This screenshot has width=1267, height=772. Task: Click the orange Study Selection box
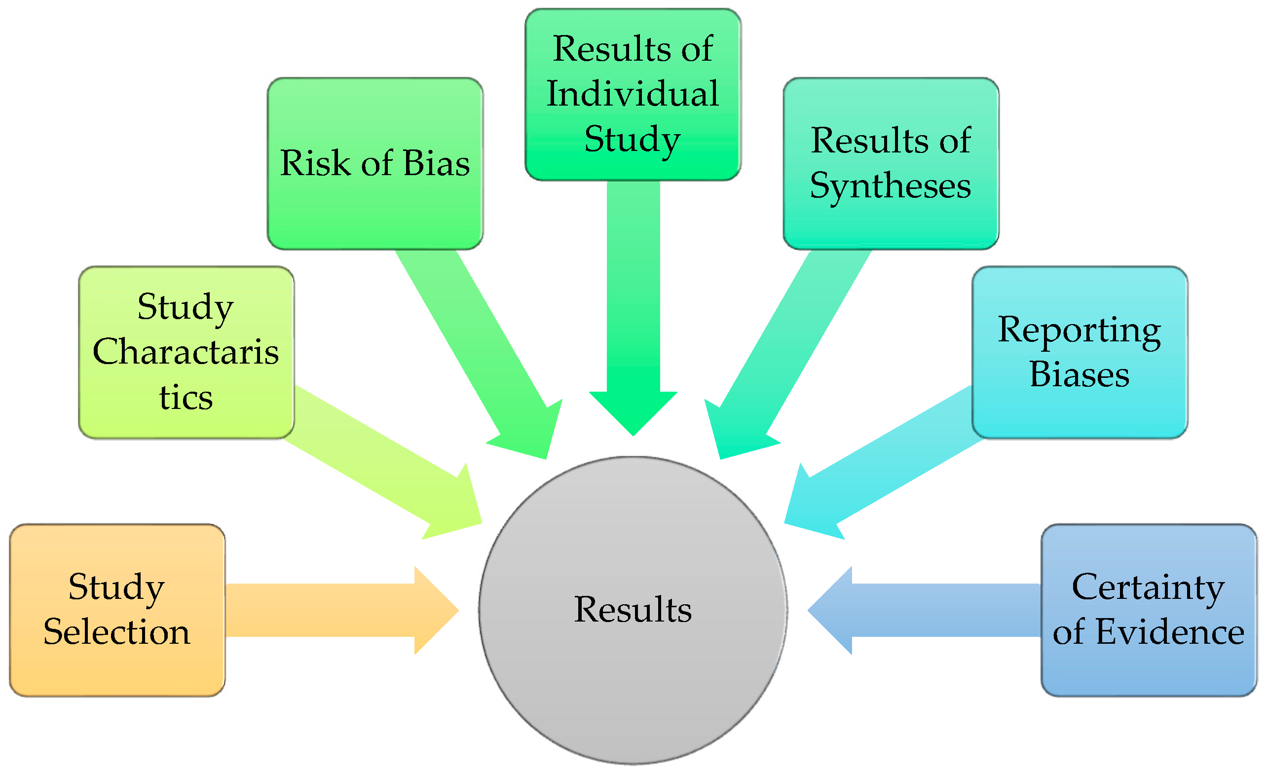tap(117, 610)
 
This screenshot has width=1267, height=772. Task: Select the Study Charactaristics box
tap(186, 353)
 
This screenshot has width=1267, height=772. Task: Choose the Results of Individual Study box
tap(633, 94)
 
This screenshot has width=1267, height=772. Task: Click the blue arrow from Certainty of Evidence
tap(926, 610)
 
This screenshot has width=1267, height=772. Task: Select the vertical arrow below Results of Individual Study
tap(633, 308)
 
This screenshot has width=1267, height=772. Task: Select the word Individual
tap(633, 94)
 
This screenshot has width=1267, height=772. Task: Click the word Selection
tap(117, 632)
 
